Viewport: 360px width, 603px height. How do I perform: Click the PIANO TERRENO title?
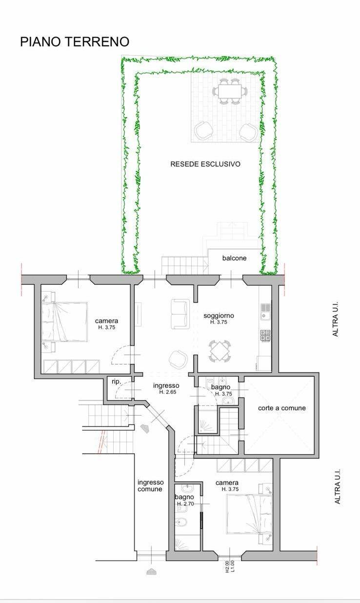coord(75,42)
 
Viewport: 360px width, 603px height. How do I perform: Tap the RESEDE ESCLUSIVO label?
coord(205,164)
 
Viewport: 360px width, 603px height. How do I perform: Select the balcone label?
coord(234,258)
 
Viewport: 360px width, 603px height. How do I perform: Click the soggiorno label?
coord(219,316)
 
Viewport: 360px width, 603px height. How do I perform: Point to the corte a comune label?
coord(282,408)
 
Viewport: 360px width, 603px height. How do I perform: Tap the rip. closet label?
coord(116,382)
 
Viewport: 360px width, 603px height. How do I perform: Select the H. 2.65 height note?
coord(167,392)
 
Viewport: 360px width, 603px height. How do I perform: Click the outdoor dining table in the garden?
coord(230,91)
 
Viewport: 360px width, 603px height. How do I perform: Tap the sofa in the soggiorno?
coord(180,314)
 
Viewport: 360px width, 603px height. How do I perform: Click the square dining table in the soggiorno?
coord(220,351)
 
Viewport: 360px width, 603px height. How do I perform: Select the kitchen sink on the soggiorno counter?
coord(265,311)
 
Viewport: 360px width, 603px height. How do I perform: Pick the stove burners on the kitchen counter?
coord(265,336)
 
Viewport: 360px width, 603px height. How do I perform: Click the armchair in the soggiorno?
coord(178,359)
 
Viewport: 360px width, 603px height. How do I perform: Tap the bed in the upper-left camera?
coord(64,322)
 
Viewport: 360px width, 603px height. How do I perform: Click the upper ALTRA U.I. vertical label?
coord(335,319)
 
